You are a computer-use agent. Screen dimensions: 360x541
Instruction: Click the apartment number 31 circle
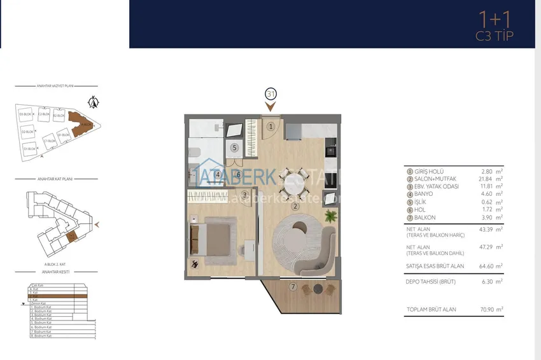pos(270,94)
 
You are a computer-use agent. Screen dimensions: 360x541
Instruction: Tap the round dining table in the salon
pos(294,178)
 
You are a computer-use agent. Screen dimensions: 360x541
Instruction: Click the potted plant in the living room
pos(330,217)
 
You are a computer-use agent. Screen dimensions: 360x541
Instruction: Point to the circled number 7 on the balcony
pos(293,287)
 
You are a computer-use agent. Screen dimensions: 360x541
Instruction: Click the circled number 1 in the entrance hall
pos(270,127)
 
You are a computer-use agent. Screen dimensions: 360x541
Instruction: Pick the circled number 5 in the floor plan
pos(234,148)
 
